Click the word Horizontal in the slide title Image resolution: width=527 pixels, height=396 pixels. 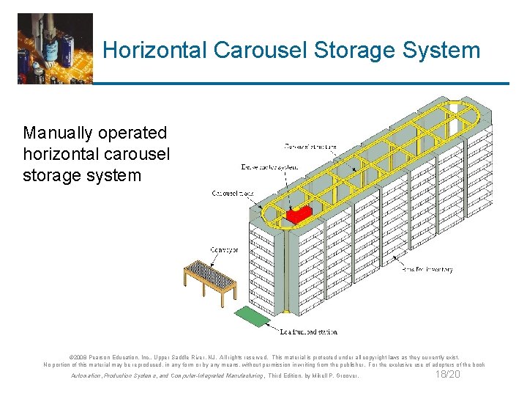pyautogui.click(x=156, y=51)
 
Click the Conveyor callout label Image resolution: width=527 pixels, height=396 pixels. pyautogui.click(x=224, y=250)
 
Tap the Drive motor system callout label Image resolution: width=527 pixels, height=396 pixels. pyautogui.click(x=270, y=167)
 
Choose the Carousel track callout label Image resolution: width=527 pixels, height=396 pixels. pyautogui.click(x=232, y=194)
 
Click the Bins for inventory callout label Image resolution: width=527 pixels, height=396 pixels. pyautogui.click(x=427, y=269)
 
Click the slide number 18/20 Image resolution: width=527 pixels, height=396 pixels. pyautogui.click(x=447, y=375)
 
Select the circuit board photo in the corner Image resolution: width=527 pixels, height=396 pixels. pyautogui.click(x=56, y=48)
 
